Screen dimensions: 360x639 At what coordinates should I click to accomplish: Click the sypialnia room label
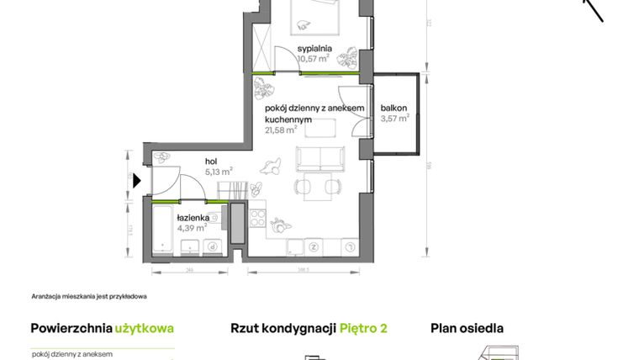pyautogui.click(x=315, y=49)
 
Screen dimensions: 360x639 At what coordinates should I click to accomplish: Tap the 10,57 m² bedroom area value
pyautogui.click(x=314, y=60)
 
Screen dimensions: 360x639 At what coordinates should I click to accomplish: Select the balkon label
pyautogui.click(x=393, y=108)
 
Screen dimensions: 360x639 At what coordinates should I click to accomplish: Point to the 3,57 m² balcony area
pyautogui.click(x=394, y=119)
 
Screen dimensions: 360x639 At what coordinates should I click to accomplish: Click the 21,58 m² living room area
pyautogui.click(x=281, y=130)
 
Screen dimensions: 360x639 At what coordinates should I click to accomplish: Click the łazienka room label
pyautogui.click(x=193, y=217)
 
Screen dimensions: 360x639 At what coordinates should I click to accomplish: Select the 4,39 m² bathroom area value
pyautogui.click(x=192, y=228)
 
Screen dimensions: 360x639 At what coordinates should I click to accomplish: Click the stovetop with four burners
pyautogui.click(x=256, y=221)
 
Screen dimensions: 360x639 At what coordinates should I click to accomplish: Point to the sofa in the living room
pyautogui.click(x=319, y=158)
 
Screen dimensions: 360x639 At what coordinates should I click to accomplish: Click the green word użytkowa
pyautogui.click(x=145, y=328)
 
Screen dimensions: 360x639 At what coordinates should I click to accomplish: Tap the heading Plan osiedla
pyautogui.click(x=467, y=328)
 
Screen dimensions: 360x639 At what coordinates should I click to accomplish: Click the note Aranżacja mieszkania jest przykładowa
pyautogui.click(x=89, y=296)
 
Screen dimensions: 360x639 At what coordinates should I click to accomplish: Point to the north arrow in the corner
pyautogui.click(x=594, y=8)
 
